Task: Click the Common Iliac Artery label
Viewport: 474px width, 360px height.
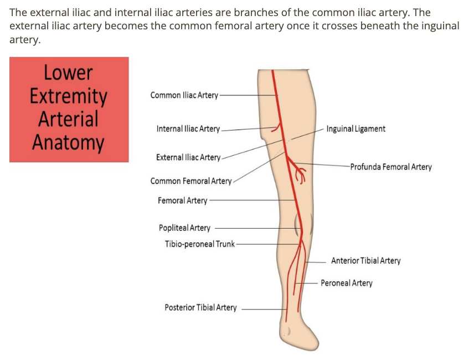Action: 184,95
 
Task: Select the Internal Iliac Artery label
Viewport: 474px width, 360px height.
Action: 188,129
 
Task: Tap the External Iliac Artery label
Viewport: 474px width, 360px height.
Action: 188,158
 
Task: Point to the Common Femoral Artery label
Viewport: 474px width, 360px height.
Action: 191,181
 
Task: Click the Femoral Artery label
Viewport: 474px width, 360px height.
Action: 182,200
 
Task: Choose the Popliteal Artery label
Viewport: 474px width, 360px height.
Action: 184,228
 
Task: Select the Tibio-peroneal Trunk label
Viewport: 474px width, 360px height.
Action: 199,244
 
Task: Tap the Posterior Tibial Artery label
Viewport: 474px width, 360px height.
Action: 200,308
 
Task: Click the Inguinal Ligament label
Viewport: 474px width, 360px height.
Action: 356,129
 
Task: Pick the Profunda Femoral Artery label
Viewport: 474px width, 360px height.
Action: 390,167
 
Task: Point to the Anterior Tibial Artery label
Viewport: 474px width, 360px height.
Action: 365,261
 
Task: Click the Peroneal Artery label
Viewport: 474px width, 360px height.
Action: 347,284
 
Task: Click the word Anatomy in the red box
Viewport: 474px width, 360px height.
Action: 68,142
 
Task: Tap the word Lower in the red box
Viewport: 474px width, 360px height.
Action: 68,73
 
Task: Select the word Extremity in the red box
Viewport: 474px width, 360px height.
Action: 68,96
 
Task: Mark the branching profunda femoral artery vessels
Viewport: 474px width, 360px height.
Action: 301,172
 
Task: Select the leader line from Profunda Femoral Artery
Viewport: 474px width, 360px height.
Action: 327,166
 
